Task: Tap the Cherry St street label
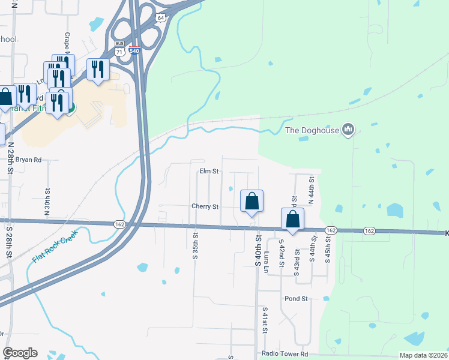point(205,206)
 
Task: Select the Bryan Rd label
point(28,160)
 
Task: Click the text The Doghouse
point(310,130)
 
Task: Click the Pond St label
point(296,298)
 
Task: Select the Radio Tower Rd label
point(285,354)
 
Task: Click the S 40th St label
point(259,252)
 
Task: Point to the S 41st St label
point(264,321)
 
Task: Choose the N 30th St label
point(47,202)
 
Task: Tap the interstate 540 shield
point(136,53)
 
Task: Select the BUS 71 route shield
point(119,49)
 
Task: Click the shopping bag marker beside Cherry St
point(252,202)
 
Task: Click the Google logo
point(20,353)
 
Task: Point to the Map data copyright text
point(423,355)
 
